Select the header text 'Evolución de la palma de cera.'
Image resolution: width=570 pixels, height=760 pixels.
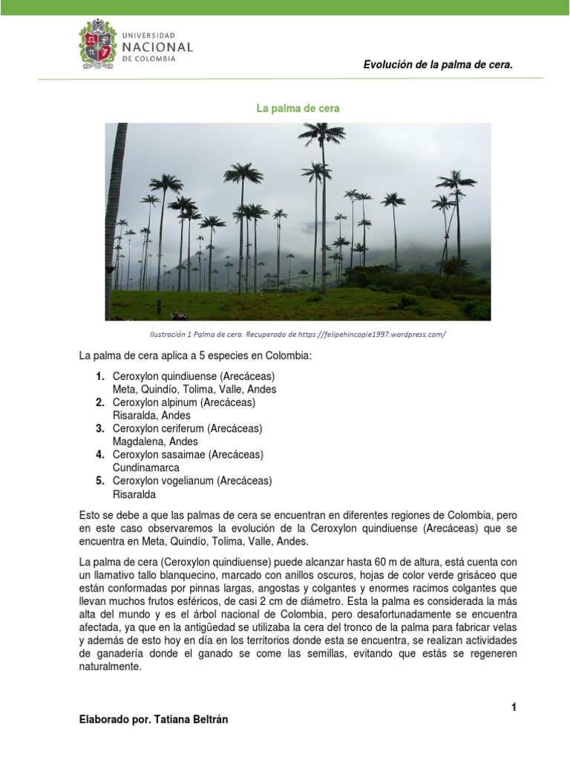point(438,65)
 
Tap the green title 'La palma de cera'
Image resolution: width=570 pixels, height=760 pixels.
point(298,108)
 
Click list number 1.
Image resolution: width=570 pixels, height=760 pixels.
point(99,376)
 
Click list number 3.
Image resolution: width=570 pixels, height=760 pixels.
point(99,428)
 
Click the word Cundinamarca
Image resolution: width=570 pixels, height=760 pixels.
point(146,468)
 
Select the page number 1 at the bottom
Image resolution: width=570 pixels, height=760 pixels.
point(513,707)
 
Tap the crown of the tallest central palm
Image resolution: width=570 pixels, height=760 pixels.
point(321,136)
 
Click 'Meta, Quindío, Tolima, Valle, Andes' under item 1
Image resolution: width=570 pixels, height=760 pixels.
point(194,390)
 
